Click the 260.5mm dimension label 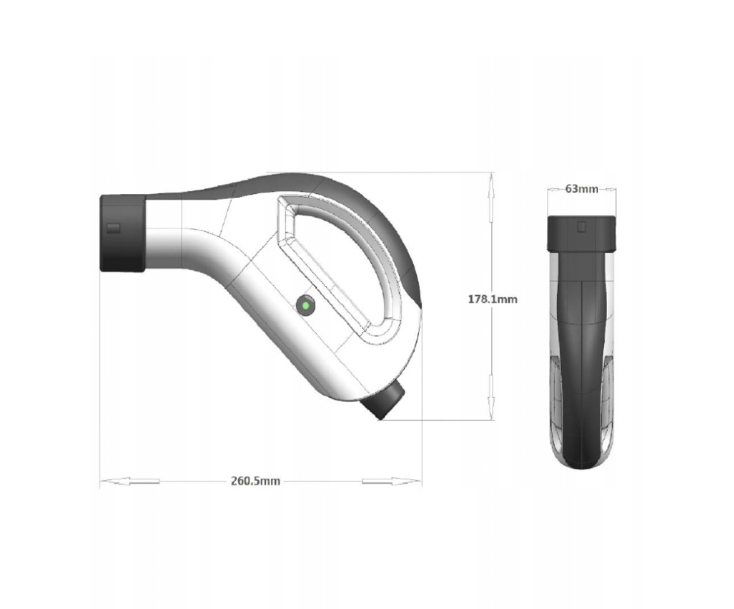tap(256, 481)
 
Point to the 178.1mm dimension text tap(492, 298)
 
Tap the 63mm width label tap(582, 188)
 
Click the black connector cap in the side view tap(122, 233)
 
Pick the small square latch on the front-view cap tap(581, 227)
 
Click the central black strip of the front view tap(582, 354)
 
